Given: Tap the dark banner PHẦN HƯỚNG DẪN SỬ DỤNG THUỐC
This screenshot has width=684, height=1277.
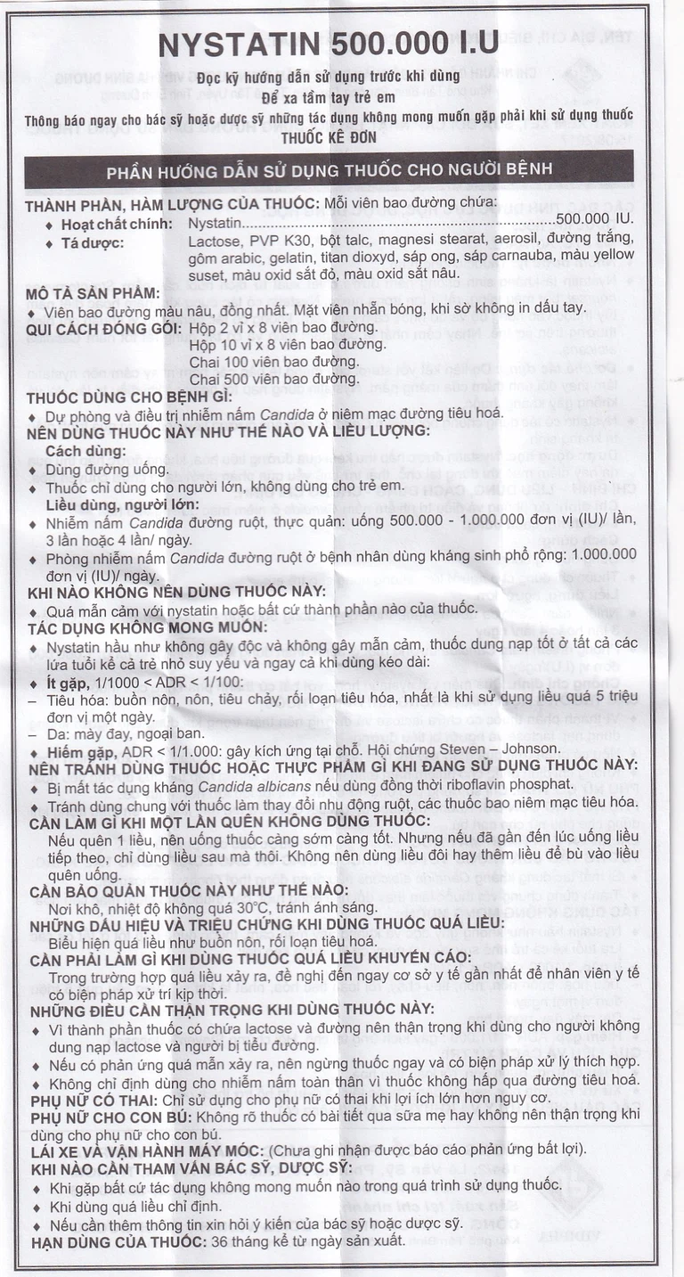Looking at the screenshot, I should [329, 169].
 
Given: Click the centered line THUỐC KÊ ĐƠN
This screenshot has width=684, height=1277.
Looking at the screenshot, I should [330, 138].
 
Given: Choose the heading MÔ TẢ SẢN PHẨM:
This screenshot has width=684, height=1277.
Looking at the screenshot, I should [94, 293].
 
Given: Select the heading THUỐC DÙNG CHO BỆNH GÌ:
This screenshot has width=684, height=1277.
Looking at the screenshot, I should [129, 397].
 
